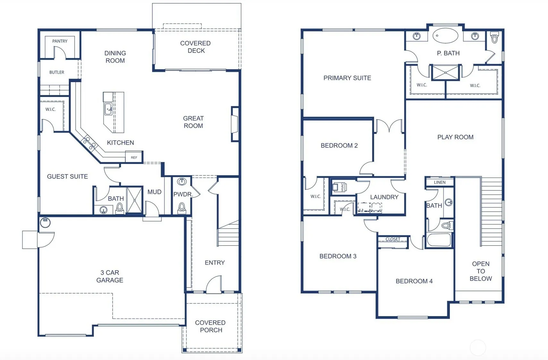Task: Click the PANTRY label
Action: point(60,41)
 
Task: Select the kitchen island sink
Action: point(108,109)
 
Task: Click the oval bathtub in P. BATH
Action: point(445,36)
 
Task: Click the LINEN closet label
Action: point(440,182)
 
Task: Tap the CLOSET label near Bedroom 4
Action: point(393,239)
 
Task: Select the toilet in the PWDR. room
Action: point(181,208)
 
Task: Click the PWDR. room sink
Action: point(181,182)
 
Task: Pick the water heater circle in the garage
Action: point(45,222)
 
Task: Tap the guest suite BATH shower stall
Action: point(134,200)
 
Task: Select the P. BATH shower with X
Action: point(445,73)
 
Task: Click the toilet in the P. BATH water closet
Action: point(494,38)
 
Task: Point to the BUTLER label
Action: point(57,72)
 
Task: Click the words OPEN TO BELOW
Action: point(481,271)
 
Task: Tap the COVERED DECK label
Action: point(196,47)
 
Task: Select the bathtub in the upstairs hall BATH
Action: point(439,240)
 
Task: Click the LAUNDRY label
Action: point(384,197)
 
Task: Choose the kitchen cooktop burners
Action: point(89,143)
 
